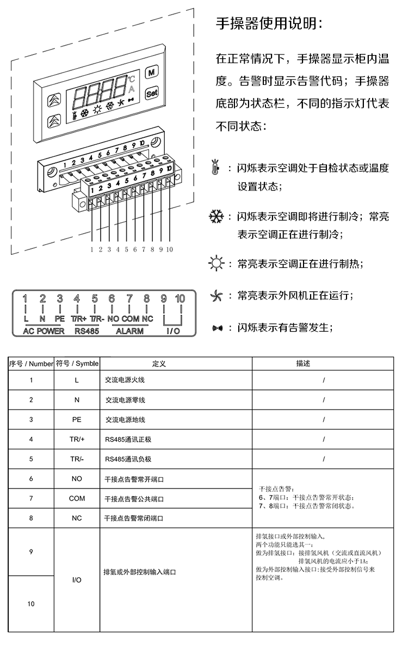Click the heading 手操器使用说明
coord(270,22)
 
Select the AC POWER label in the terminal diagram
coord(44,331)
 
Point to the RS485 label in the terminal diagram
coord(86,331)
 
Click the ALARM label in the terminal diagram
coord(130,331)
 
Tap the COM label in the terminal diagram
coord(131,318)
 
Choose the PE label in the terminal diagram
coord(60,318)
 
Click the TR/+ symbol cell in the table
coord(77,439)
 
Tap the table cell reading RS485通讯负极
coord(128,459)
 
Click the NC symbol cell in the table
coord(77,518)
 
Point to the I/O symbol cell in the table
coord(77,581)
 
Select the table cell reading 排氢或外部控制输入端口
coord(139,572)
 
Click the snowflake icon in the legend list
coord(216,217)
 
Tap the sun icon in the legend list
coord(216,264)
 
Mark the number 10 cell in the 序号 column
coord(31,604)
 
